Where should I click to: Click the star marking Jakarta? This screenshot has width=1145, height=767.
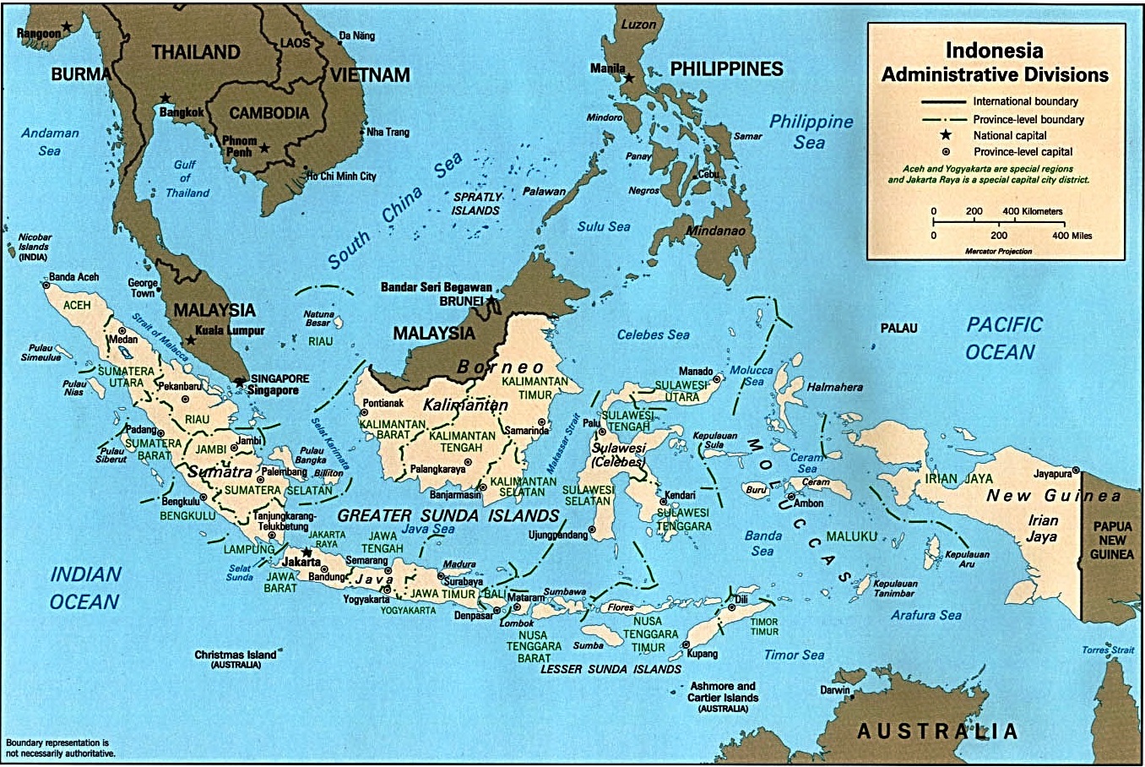click(307, 552)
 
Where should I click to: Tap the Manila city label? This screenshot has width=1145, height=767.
click(608, 68)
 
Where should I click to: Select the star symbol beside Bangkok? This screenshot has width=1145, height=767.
click(166, 99)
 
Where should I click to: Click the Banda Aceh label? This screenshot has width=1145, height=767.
click(73, 277)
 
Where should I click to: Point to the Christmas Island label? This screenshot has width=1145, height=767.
click(236, 655)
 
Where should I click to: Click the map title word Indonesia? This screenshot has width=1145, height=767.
click(994, 50)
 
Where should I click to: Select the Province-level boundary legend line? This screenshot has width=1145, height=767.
click(942, 119)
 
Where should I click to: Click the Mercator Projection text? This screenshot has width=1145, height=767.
click(998, 251)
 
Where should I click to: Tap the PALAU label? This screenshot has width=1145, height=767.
click(898, 328)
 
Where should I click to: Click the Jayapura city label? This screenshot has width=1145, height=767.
click(1052, 474)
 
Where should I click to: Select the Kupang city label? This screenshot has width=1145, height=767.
click(703, 653)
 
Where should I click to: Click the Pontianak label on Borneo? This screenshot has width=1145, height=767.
click(383, 404)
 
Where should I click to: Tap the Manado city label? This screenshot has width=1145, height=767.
click(696, 371)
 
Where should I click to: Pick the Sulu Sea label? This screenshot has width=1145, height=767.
click(604, 226)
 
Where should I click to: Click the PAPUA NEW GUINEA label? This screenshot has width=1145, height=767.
click(1112, 540)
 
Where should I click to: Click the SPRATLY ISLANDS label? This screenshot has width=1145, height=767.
click(477, 204)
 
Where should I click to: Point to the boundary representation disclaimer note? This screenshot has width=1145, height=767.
click(59, 747)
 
